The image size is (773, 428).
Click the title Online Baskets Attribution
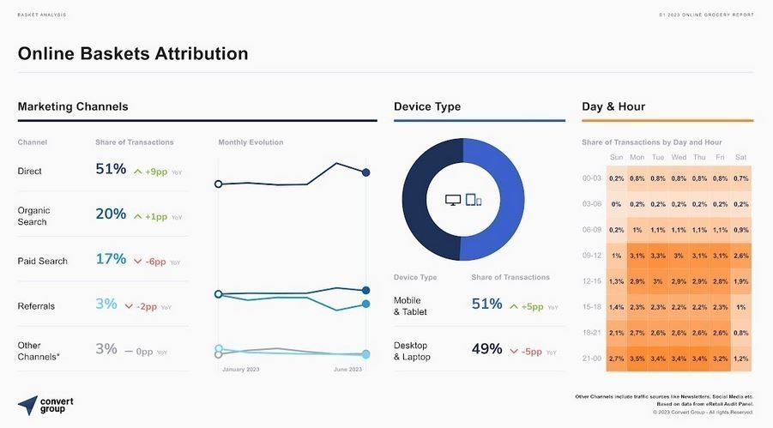133,53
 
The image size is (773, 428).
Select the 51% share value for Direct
111,170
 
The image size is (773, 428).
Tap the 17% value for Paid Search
111,259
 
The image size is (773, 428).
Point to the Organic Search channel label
34,216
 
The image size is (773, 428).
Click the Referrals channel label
36,305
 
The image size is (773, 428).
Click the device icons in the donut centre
463,200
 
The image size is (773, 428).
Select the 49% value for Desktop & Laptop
486,349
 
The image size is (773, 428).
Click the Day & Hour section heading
613,106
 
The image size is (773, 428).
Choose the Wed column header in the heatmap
679,157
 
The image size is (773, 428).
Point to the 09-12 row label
592,256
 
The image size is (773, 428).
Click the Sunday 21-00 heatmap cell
616,358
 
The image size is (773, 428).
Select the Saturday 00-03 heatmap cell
741,178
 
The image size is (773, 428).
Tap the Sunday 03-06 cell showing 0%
616,204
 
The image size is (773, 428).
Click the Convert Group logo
45,404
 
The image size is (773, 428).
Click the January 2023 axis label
240,370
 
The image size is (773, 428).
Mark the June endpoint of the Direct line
366,172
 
